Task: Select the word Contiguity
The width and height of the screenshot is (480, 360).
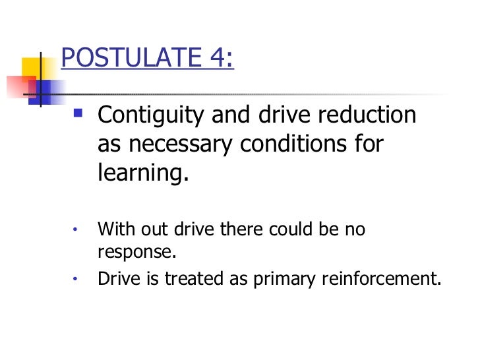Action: [150, 116]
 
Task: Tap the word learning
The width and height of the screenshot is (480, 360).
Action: [142, 173]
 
